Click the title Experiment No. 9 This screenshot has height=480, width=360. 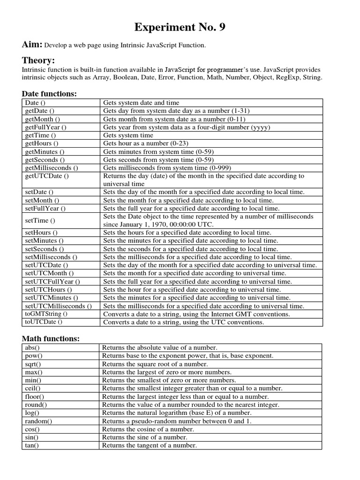[180, 28]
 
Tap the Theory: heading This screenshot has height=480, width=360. [38, 60]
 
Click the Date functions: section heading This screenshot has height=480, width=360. [50, 94]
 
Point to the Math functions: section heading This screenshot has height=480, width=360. [51, 338]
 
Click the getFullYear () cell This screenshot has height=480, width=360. [45, 127]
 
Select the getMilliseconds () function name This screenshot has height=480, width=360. [52, 168]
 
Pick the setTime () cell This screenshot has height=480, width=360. [40, 220]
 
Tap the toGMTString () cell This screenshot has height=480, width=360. [46, 314]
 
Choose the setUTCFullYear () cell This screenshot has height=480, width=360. [52, 281]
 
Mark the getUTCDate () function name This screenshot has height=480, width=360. [46, 176]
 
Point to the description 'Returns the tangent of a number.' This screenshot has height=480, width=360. [149, 445]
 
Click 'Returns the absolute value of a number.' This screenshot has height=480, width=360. [159, 347]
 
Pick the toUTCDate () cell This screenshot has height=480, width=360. [44, 322]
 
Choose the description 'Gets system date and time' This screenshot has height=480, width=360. [141, 103]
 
